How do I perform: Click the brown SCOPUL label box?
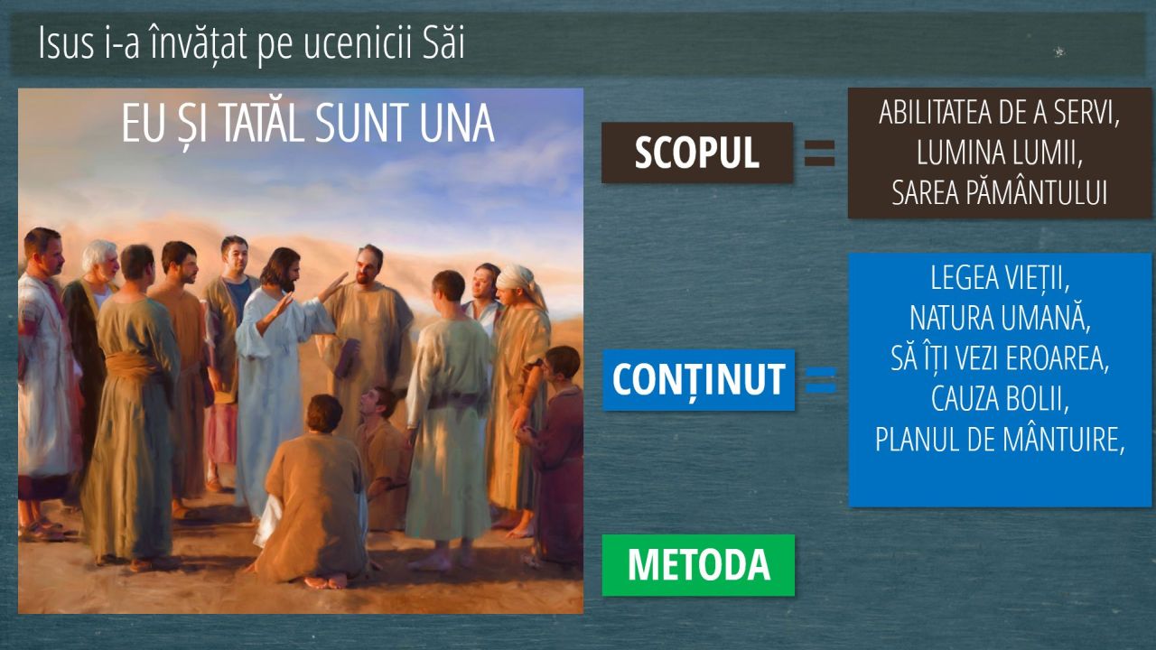pyautogui.click(x=697, y=153)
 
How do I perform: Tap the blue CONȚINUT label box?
pyautogui.click(x=699, y=380)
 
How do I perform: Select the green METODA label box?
pyautogui.click(x=698, y=565)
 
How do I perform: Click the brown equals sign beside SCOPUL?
pyautogui.click(x=819, y=153)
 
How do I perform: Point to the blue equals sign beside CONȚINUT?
pyautogui.click(x=821, y=380)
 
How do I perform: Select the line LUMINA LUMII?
pyautogui.click(x=1000, y=153)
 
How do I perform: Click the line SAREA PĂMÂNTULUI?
pyautogui.click(x=1000, y=192)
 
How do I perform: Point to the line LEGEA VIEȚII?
pyautogui.click(x=1000, y=279)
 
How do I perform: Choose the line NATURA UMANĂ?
pyautogui.click(x=1000, y=318)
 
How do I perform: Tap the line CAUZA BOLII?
pyautogui.click(x=1000, y=399)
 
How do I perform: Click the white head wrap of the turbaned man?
pyautogui.click(x=520, y=281)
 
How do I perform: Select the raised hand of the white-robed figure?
pyautogui.click(x=333, y=286)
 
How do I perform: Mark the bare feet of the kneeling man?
pyautogui.click(x=326, y=581)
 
